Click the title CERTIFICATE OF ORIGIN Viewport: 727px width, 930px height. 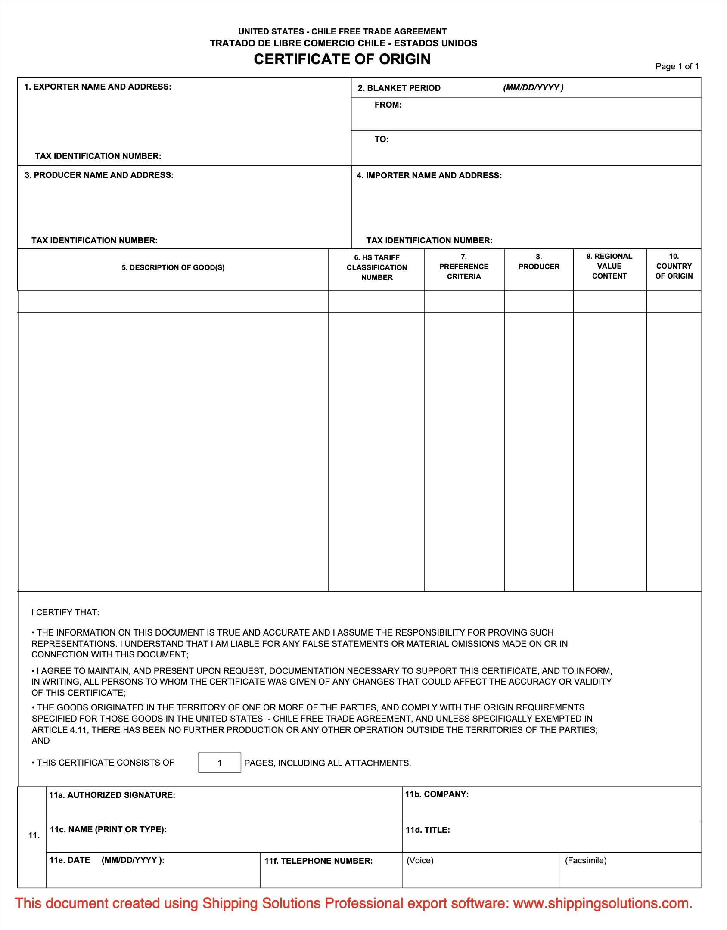point(342,59)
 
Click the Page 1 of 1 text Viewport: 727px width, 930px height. point(677,66)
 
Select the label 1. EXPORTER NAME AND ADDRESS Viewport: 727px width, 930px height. point(98,87)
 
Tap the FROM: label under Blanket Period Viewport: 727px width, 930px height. point(388,105)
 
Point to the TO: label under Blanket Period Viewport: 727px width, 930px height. point(381,139)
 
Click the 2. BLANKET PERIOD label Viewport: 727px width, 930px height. point(399,88)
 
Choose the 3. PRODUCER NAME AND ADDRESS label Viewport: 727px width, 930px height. point(99,175)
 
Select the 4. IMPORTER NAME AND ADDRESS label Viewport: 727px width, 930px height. point(429,175)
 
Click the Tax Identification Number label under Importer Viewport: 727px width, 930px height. point(429,240)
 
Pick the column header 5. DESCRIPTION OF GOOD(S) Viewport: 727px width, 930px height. point(173,267)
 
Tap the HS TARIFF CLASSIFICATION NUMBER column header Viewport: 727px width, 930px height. point(376,267)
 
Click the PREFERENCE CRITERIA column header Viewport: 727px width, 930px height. point(463,267)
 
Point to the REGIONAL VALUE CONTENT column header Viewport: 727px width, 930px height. point(609,266)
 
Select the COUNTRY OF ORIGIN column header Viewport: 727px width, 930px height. point(674,266)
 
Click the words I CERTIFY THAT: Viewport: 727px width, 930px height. point(65,612)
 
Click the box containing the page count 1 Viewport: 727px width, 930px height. point(219,763)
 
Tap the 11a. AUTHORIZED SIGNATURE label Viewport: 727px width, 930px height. point(112,795)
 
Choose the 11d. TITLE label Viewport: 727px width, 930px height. point(427,830)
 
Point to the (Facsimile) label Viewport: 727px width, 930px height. point(585,860)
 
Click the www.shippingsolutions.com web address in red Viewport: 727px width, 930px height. point(603,903)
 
